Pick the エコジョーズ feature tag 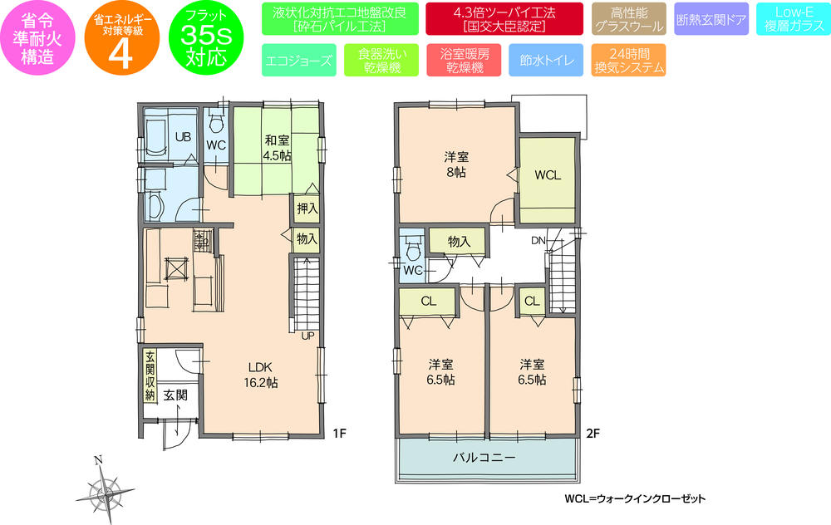point(298,61)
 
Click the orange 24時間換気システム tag point(629,61)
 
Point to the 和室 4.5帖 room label point(277,148)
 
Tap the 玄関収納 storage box point(150,374)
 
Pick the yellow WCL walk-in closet point(548,177)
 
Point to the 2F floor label point(593,433)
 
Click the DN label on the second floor point(538,240)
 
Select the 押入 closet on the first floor point(307,207)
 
